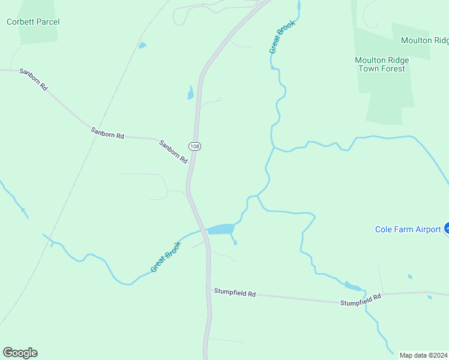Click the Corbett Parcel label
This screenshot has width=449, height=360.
(33, 22)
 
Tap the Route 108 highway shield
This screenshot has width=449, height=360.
(194, 146)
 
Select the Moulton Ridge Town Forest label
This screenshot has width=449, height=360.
(381, 64)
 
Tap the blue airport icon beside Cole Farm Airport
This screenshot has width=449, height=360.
(447, 229)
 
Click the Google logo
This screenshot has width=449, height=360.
(20, 353)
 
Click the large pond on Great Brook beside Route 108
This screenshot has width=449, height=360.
(221, 229)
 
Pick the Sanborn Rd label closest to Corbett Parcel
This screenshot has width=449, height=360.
(33, 79)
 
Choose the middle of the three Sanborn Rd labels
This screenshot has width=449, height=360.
(107, 133)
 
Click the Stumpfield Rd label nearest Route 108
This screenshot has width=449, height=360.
(235, 293)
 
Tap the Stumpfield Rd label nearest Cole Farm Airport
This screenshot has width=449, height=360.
(361, 300)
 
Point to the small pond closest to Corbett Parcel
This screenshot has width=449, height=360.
(142, 45)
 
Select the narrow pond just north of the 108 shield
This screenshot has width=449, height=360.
(191, 93)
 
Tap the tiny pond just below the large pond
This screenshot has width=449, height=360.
(235, 242)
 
